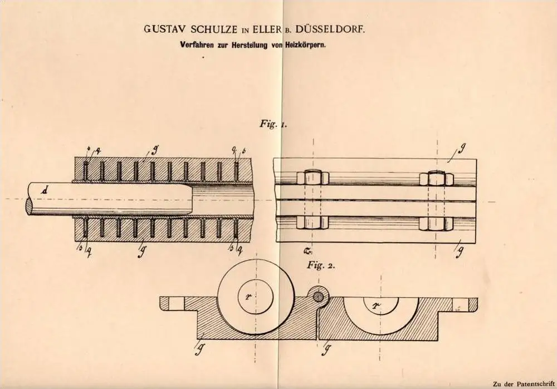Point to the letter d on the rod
click(43, 191)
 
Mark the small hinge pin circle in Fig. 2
click(319, 296)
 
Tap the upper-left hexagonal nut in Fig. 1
click(309, 179)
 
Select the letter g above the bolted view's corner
click(463, 149)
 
